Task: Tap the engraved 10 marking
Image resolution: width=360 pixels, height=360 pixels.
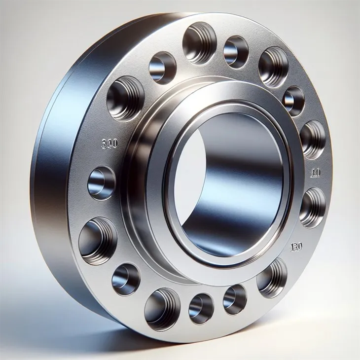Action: tap(317, 173)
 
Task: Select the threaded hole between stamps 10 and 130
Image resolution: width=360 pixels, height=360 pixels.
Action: tap(312, 207)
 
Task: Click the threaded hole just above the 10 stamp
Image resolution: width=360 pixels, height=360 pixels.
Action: tap(313, 139)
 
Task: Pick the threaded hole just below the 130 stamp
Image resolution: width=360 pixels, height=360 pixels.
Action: tap(272, 277)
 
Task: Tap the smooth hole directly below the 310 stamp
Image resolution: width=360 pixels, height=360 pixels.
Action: tap(101, 183)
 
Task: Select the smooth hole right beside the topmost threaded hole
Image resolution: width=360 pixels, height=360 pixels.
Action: tap(235, 52)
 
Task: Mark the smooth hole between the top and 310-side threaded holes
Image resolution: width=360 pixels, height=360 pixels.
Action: tap(162, 68)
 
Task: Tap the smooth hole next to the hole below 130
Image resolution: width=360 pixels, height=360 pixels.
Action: tap(235, 299)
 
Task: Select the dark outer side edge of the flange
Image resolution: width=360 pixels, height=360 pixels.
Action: tap(49, 173)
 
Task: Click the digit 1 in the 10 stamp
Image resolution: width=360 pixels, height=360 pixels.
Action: tap(314, 173)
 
